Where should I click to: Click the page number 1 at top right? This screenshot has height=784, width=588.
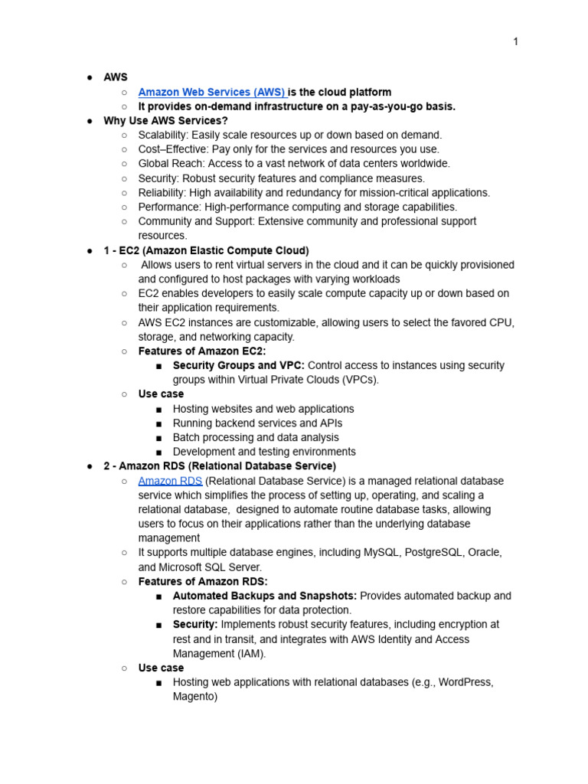point(515,41)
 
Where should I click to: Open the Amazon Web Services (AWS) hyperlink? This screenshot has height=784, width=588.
point(211,92)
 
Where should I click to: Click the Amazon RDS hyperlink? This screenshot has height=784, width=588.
point(170,481)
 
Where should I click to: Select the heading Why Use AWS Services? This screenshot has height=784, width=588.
point(165,121)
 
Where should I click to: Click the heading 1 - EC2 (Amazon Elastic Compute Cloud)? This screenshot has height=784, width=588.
point(206,250)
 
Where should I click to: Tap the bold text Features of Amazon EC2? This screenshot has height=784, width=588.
point(202,351)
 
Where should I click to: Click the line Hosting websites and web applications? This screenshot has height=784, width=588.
point(263,409)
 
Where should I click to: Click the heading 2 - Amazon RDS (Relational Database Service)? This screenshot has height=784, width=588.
point(219,466)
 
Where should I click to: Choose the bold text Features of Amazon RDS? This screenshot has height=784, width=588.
point(203,582)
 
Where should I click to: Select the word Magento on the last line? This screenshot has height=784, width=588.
point(194,697)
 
